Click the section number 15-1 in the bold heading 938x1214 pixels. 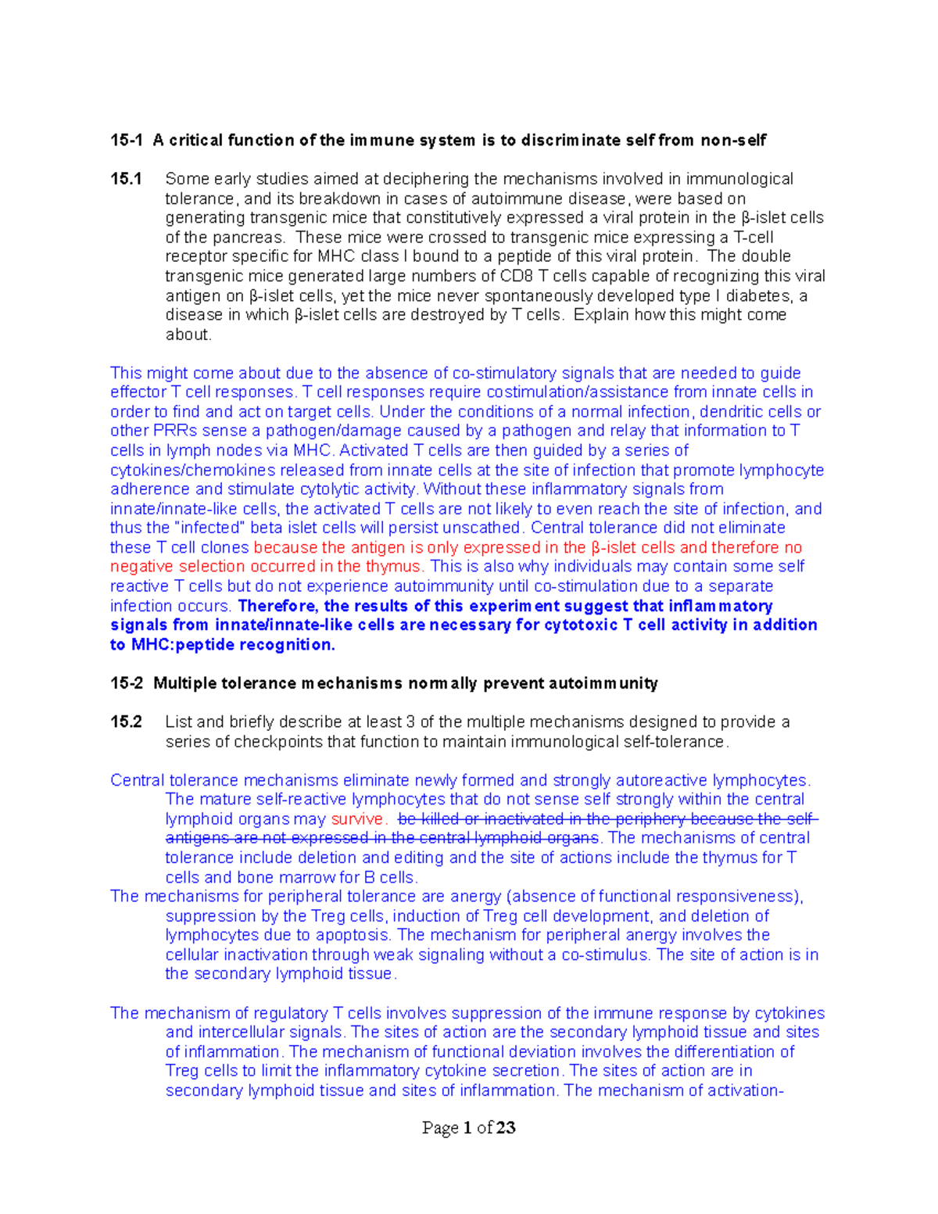(x=127, y=141)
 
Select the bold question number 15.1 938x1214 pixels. (x=126, y=180)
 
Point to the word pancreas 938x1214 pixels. (x=252, y=238)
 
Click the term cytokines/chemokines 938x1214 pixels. (x=192, y=471)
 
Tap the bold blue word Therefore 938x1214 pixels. (x=277, y=606)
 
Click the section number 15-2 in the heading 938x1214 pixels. (x=127, y=684)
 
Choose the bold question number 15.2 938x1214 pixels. (x=126, y=722)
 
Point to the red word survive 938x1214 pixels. (x=358, y=819)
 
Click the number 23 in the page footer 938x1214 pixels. (x=506, y=1128)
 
